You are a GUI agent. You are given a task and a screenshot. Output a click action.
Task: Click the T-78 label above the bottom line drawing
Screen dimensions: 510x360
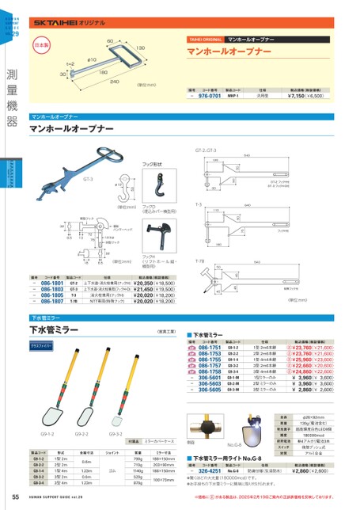click(x=198, y=261)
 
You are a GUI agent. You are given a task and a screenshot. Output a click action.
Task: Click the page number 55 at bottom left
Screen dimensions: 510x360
click(x=16, y=497)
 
